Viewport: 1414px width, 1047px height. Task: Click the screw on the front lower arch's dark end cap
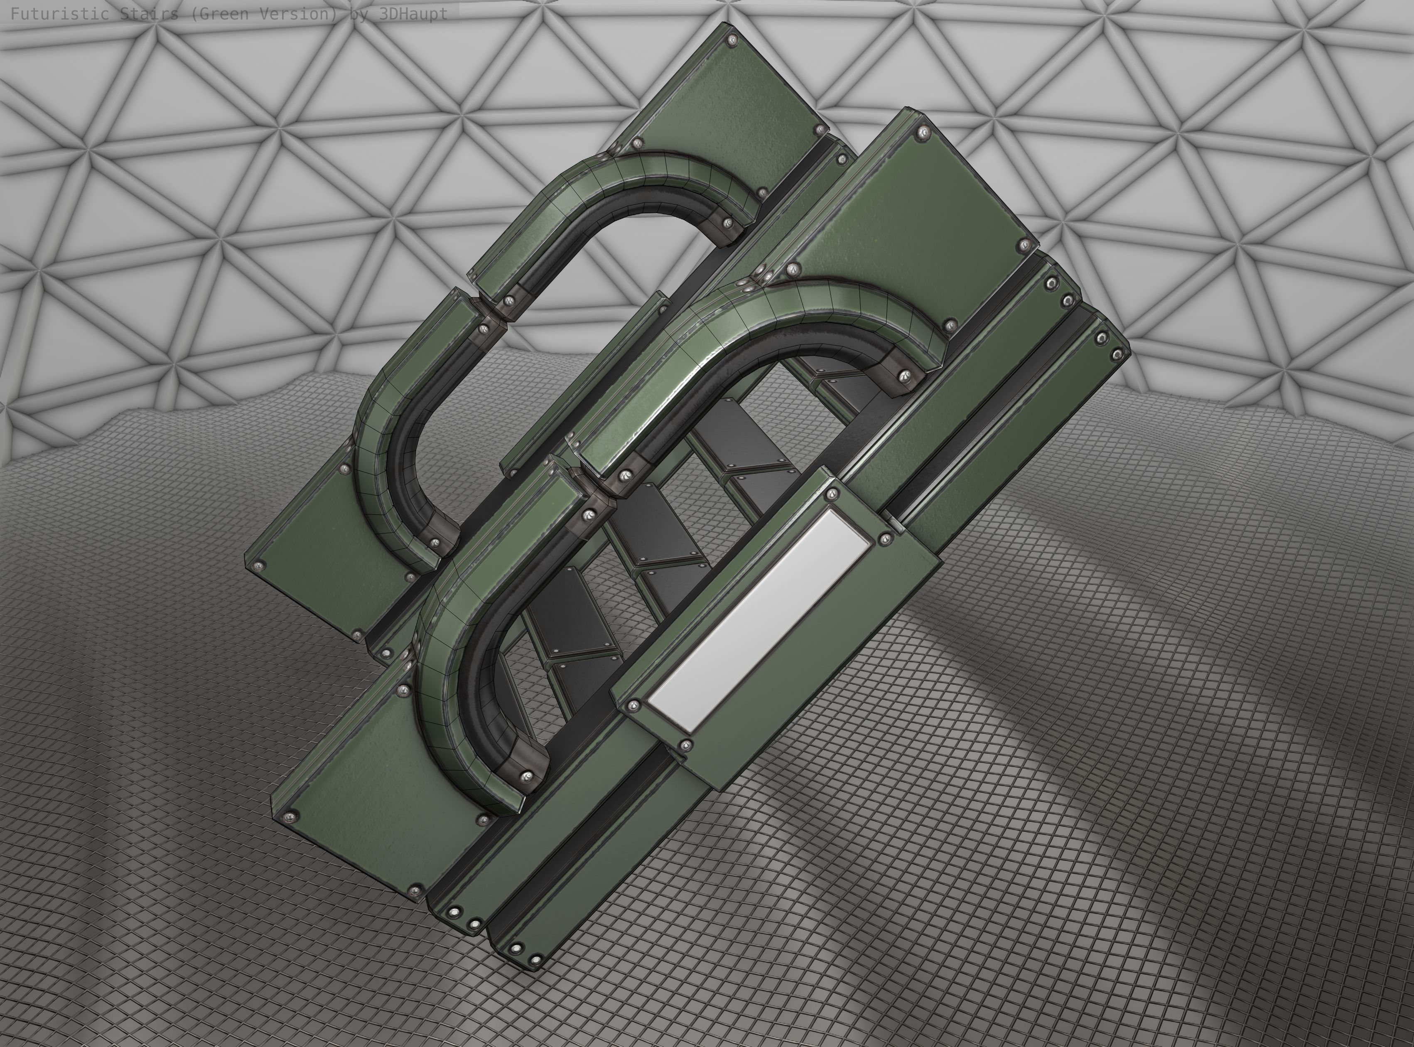[526, 775]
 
